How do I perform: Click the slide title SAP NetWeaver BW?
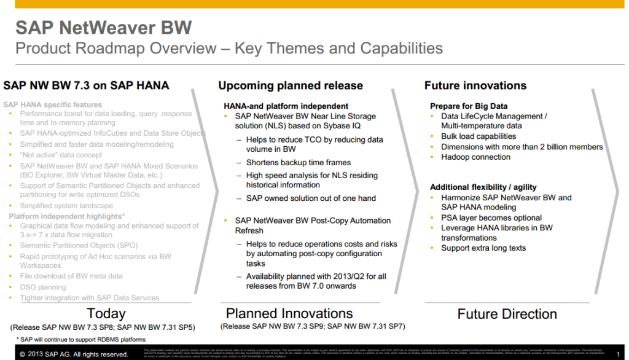click(x=103, y=28)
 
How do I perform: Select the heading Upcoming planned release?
click(x=291, y=86)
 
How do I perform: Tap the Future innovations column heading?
click(x=475, y=86)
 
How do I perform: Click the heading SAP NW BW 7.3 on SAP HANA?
click(x=86, y=86)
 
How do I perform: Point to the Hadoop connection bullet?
click(x=475, y=157)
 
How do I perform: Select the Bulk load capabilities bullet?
click(x=479, y=136)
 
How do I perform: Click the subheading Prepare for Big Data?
click(x=469, y=106)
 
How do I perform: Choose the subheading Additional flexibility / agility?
click(x=483, y=187)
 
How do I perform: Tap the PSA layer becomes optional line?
click(x=491, y=217)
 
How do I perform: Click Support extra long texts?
click(x=483, y=248)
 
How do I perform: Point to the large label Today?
click(x=106, y=314)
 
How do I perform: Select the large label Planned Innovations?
click(x=289, y=314)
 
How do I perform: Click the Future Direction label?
click(x=507, y=315)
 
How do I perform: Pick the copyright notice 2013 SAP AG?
click(x=74, y=354)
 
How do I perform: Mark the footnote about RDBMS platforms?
click(x=81, y=340)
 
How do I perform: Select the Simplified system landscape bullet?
click(x=66, y=206)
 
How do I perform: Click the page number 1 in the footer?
click(x=618, y=354)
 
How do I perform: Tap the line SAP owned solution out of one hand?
click(x=311, y=198)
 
